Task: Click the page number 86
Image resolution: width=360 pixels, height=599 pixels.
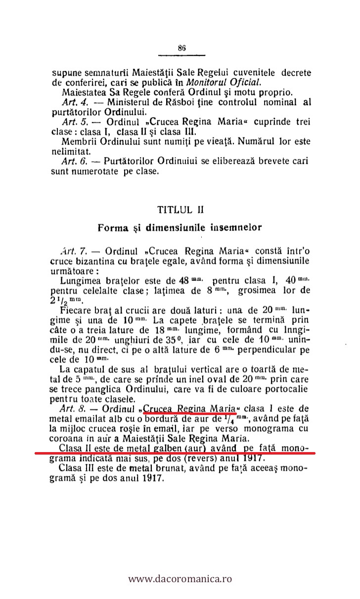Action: (x=181, y=48)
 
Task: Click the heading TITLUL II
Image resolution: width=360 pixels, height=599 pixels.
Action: (x=180, y=209)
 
